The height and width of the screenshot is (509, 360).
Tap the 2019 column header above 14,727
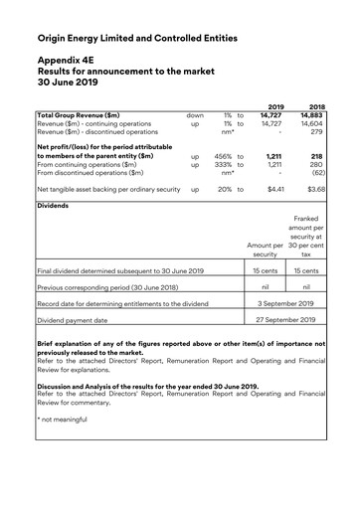[275, 105]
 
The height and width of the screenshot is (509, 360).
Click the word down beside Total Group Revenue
[194, 115]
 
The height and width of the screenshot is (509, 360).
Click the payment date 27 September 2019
[285, 320]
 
